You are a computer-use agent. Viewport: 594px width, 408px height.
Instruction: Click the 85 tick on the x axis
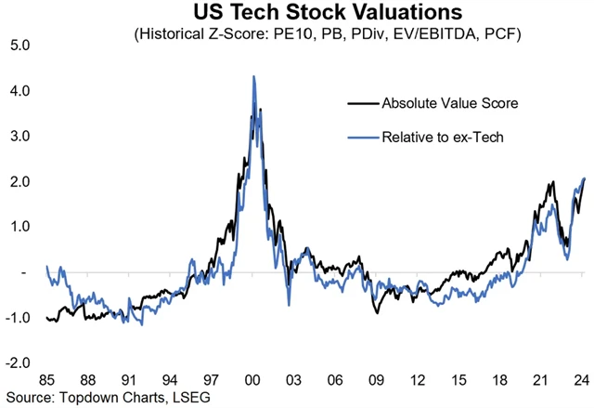click(47, 380)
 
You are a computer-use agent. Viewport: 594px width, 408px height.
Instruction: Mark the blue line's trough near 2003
click(289, 304)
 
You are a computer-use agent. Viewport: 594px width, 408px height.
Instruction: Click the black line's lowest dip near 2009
click(377, 313)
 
